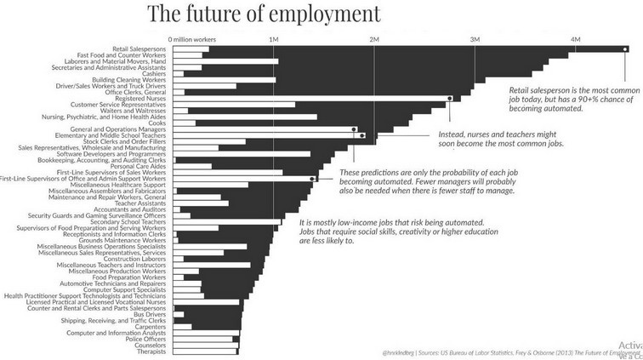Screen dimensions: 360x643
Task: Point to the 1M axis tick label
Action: (274, 40)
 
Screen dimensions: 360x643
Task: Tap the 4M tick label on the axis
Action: (575, 40)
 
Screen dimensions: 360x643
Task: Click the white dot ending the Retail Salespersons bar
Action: (625, 49)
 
